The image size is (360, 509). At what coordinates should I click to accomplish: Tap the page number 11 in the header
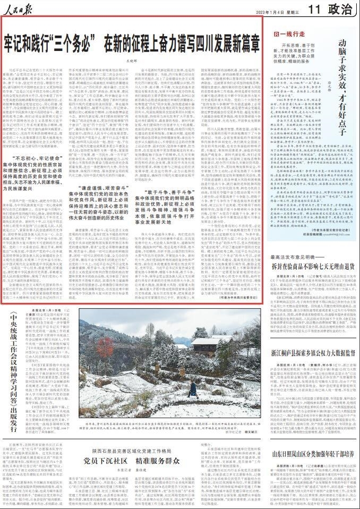314,9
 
